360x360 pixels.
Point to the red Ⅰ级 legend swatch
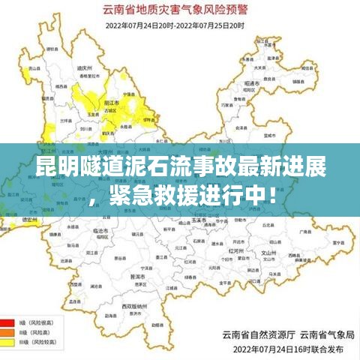click(8, 318)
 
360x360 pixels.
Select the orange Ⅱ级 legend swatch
click(8, 329)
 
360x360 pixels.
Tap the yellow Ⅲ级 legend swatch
click(8, 341)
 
